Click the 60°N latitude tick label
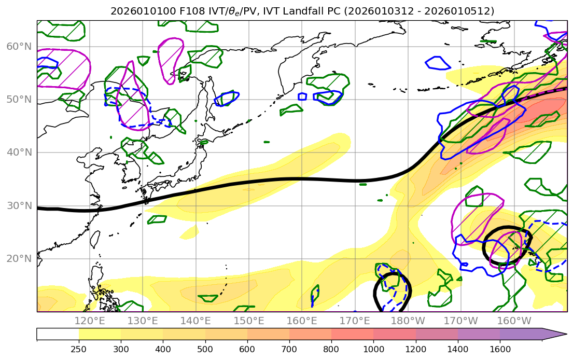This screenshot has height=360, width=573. [19, 47]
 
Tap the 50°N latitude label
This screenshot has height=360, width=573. [19, 100]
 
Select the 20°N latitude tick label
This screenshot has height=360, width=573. [19, 258]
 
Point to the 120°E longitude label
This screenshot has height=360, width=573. [90, 321]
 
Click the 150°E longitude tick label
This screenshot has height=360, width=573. [249, 321]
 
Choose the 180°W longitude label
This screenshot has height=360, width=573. [408, 321]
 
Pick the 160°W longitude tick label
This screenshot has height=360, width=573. [514, 321]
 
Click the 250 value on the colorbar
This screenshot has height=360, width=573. [79, 349]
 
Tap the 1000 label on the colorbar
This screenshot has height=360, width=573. [373, 349]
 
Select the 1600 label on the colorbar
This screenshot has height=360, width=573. [500, 349]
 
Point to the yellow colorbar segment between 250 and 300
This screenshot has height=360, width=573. [100, 334]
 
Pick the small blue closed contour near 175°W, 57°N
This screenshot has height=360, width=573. [437, 63]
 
